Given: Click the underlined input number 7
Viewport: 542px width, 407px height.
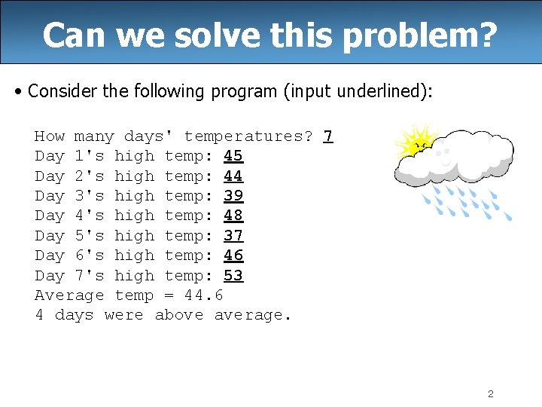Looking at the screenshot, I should [x=328, y=136].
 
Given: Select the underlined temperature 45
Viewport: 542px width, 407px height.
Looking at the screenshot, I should [x=233, y=156].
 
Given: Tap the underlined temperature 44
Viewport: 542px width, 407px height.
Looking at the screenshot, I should [x=233, y=176].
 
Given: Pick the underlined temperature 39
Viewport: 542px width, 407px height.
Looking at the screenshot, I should [x=233, y=196].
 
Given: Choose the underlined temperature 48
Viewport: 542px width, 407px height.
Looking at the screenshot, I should [x=233, y=216].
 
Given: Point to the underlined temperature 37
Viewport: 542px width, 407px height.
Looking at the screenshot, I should [x=233, y=236].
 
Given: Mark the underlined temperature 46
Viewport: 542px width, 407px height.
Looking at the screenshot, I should [x=233, y=256].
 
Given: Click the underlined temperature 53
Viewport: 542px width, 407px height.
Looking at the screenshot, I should [x=233, y=276].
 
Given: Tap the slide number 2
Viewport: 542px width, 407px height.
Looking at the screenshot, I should [x=490, y=393].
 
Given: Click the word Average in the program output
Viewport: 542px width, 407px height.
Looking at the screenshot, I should [x=69, y=295].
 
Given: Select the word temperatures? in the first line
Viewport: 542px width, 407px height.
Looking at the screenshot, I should [x=248, y=136].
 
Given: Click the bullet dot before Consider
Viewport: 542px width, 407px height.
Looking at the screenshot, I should [x=17, y=93].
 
